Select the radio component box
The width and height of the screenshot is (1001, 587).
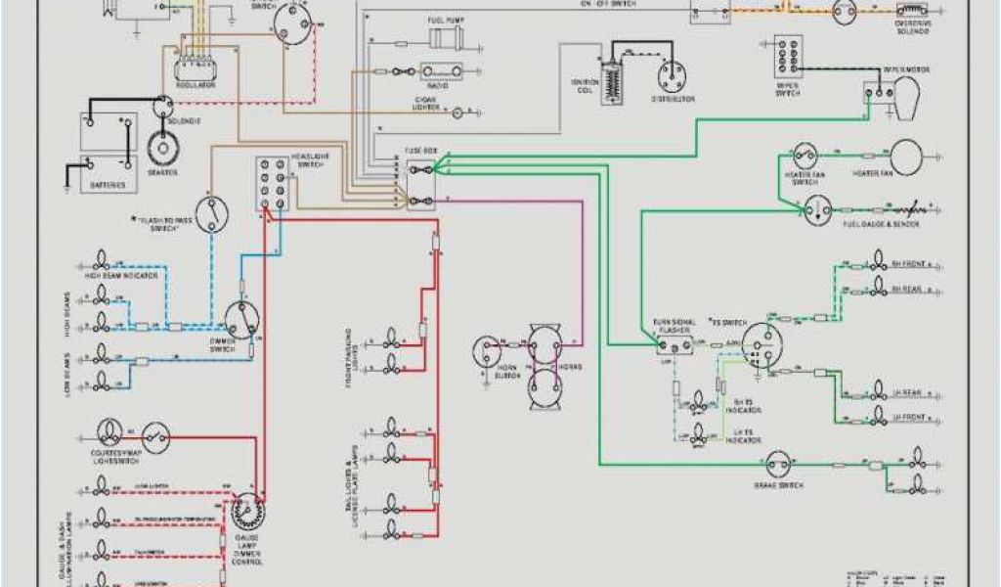[x=441, y=71]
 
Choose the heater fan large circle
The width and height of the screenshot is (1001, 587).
[x=905, y=157]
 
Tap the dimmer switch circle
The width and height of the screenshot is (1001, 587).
[x=239, y=318]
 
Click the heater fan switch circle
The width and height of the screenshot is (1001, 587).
[x=803, y=157]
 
